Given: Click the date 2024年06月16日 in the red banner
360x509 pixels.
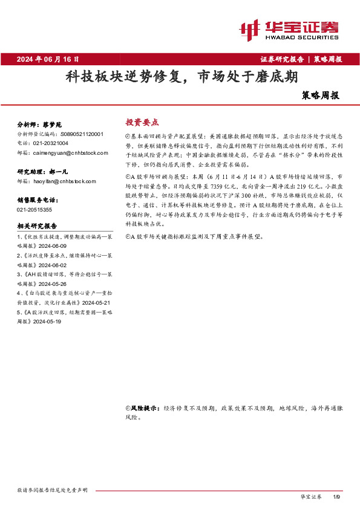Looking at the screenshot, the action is (x=48, y=59).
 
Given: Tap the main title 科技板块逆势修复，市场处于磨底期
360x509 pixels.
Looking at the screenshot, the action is (x=182, y=77).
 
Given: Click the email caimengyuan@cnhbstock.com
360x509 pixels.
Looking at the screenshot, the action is (x=64, y=153).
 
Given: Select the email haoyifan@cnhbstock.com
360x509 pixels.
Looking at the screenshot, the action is (x=61, y=181).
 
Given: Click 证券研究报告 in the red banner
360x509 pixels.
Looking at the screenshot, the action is (x=283, y=59).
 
